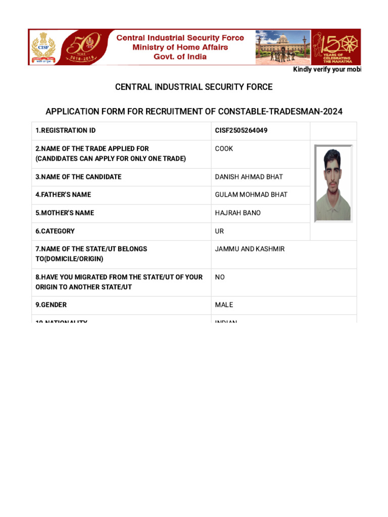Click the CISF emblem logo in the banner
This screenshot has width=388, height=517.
tap(43, 47)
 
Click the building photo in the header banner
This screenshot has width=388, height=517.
tap(282, 47)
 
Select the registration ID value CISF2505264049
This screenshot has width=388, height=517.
tap(241, 131)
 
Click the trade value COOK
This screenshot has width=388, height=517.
tap(224, 149)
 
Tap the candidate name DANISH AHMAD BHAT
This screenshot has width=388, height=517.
tap(249, 177)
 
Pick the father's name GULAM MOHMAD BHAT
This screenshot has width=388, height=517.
tap(251, 195)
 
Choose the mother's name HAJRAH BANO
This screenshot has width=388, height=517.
tap(238, 213)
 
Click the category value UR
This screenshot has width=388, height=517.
tap(219, 231)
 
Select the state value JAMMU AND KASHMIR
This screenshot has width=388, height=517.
tap(250, 249)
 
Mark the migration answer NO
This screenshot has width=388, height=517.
tap(220, 277)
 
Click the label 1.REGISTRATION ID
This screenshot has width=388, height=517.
tap(65, 131)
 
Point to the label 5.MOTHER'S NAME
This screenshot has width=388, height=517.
tap(65, 213)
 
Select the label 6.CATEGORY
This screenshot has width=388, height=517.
tap(55, 231)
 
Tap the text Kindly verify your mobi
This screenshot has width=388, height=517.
tap(327, 70)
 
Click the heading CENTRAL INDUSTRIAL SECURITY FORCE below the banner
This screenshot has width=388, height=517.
tap(193, 87)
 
